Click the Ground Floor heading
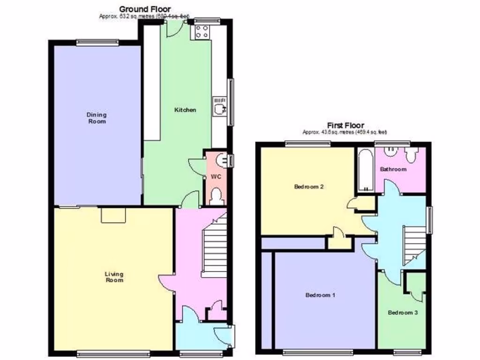point(145,9)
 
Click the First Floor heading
point(345,125)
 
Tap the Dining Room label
point(97,118)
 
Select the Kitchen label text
point(185,110)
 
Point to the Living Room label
point(114,277)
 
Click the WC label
point(216,177)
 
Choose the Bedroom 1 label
point(320,295)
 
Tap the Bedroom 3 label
point(403,313)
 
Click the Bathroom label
point(393,169)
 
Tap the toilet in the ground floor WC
point(216,196)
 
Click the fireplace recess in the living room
point(113,215)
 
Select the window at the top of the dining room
point(97,42)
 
